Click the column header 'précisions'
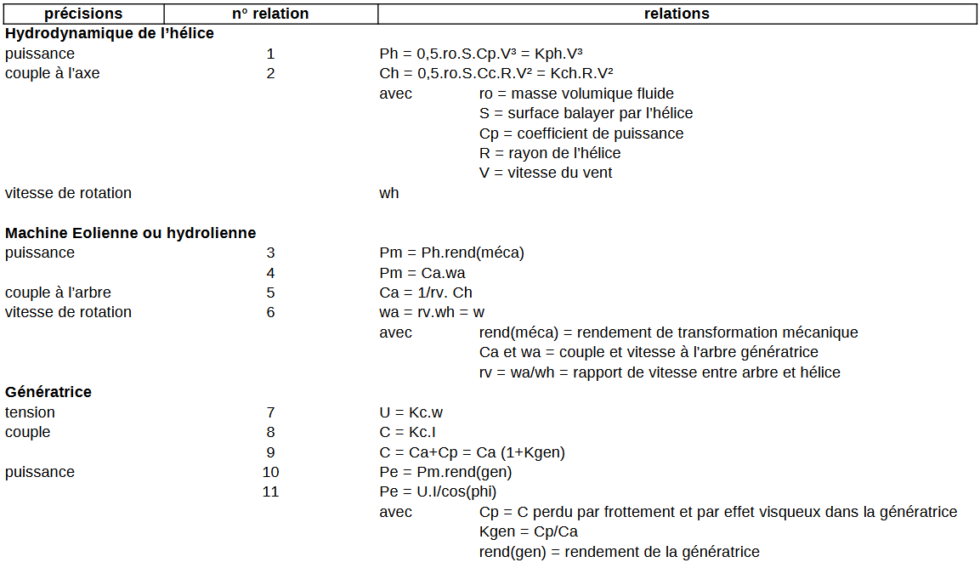point(83,14)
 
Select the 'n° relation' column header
point(270,14)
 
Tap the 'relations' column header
point(677,14)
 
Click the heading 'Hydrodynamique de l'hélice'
point(110,34)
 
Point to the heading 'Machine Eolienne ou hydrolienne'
point(130,233)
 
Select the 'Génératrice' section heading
point(48,392)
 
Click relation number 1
point(270,54)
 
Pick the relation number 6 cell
point(270,312)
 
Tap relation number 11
point(270,491)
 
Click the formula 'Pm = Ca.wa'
point(422,273)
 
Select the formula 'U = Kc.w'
point(411,412)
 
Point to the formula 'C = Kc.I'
point(408,432)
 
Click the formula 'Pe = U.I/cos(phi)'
point(438,491)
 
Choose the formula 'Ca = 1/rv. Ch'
point(426,293)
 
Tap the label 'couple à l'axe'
point(53,73)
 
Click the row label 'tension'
point(30,412)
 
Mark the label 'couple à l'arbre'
point(58,293)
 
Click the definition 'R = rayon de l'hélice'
point(550,153)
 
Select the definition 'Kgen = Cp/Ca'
point(529,531)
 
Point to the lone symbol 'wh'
point(389,193)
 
